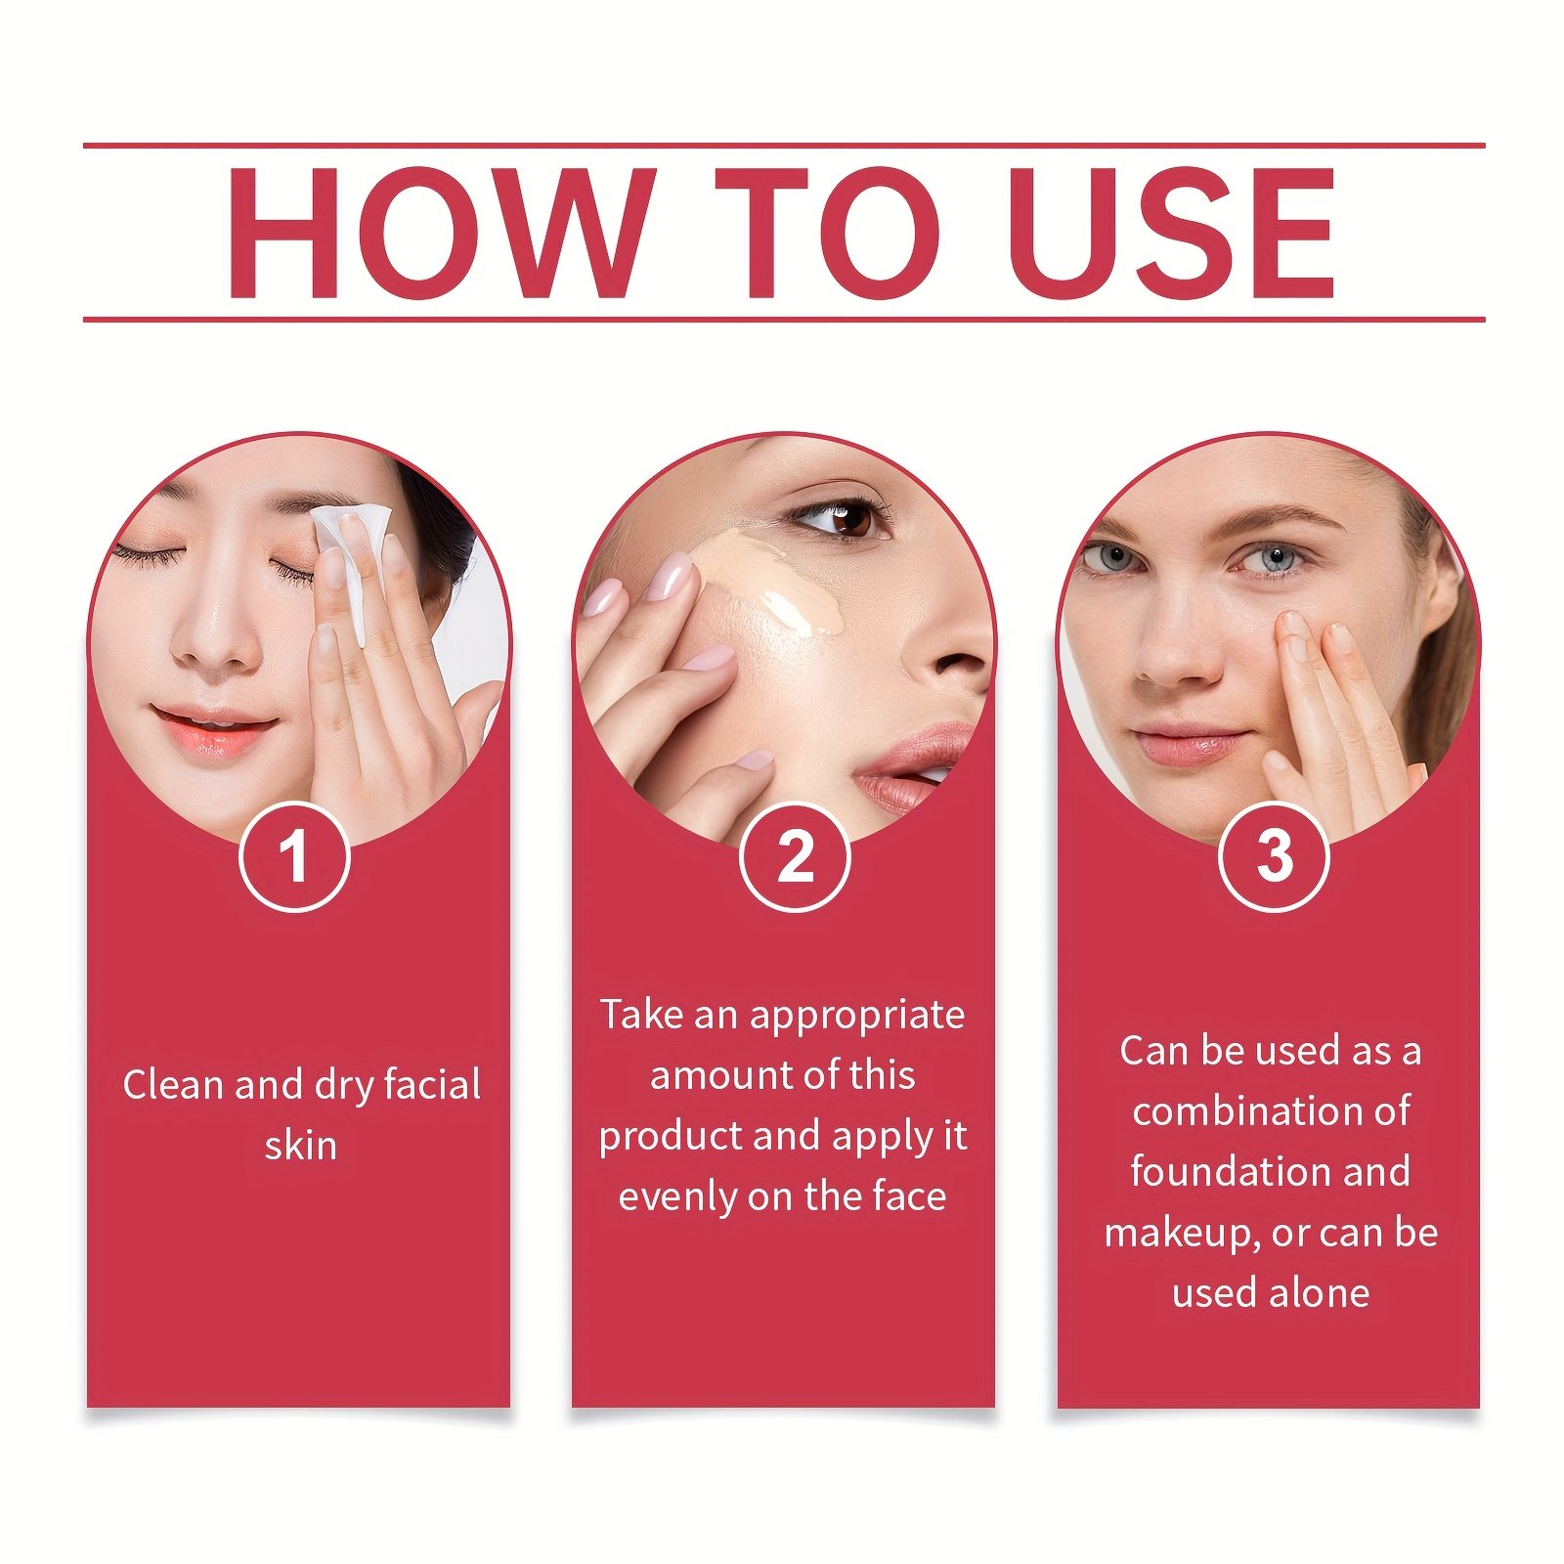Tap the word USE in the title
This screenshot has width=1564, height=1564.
click(x=1173, y=233)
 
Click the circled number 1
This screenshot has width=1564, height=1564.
click(x=294, y=856)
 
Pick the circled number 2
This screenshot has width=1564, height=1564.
click(x=795, y=856)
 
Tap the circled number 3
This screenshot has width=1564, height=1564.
click(x=1274, y=856)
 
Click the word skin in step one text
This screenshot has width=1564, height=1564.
click(x=300, y=1146)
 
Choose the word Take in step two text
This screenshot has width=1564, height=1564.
click(x=641, y=1015)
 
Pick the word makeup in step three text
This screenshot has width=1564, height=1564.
click(x=1182, y=1235)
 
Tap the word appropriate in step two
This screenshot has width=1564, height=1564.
click(x=857, y=1017)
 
